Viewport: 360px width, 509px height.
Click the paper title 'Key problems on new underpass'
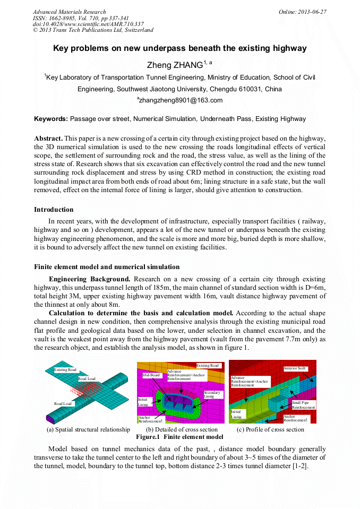tap(180, 48)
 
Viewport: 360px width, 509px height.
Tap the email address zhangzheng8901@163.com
tap(181, 100)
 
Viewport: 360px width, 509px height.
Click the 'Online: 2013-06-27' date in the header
tap(302, 12)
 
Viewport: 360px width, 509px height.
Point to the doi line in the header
tap(88, 24)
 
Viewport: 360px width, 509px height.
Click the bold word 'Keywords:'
tap(50, 119)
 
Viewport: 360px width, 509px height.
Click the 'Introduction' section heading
tap(54, 210)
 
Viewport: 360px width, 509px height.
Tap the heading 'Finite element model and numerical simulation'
tap(107, 267)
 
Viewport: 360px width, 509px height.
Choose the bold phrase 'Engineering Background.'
tap(89, 279)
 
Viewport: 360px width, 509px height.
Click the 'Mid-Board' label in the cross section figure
tap(151, 375)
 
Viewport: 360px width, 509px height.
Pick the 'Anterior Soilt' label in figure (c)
tap(294, 368)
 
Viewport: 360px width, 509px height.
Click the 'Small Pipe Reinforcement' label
tap(303, 405)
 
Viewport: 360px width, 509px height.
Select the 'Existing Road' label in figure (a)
tap(65, 369)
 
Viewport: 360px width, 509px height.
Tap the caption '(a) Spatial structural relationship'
tap(88, 429)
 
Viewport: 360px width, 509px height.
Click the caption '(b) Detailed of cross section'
tap(182, 429)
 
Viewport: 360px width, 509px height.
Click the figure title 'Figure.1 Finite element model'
tap(179, 437)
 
